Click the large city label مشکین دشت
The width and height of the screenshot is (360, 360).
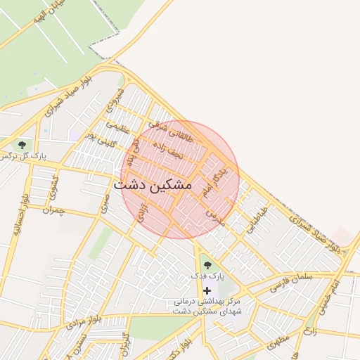pos(153,185)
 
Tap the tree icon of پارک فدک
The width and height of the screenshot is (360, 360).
pos(207,264)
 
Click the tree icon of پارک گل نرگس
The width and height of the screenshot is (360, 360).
pos(22,144)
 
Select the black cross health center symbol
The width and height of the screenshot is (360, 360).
pos(207,290)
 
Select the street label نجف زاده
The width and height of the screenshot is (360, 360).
pos(168,148)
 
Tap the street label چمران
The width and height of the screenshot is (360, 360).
pos(53,210)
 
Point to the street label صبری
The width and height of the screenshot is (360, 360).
pos(105,203)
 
